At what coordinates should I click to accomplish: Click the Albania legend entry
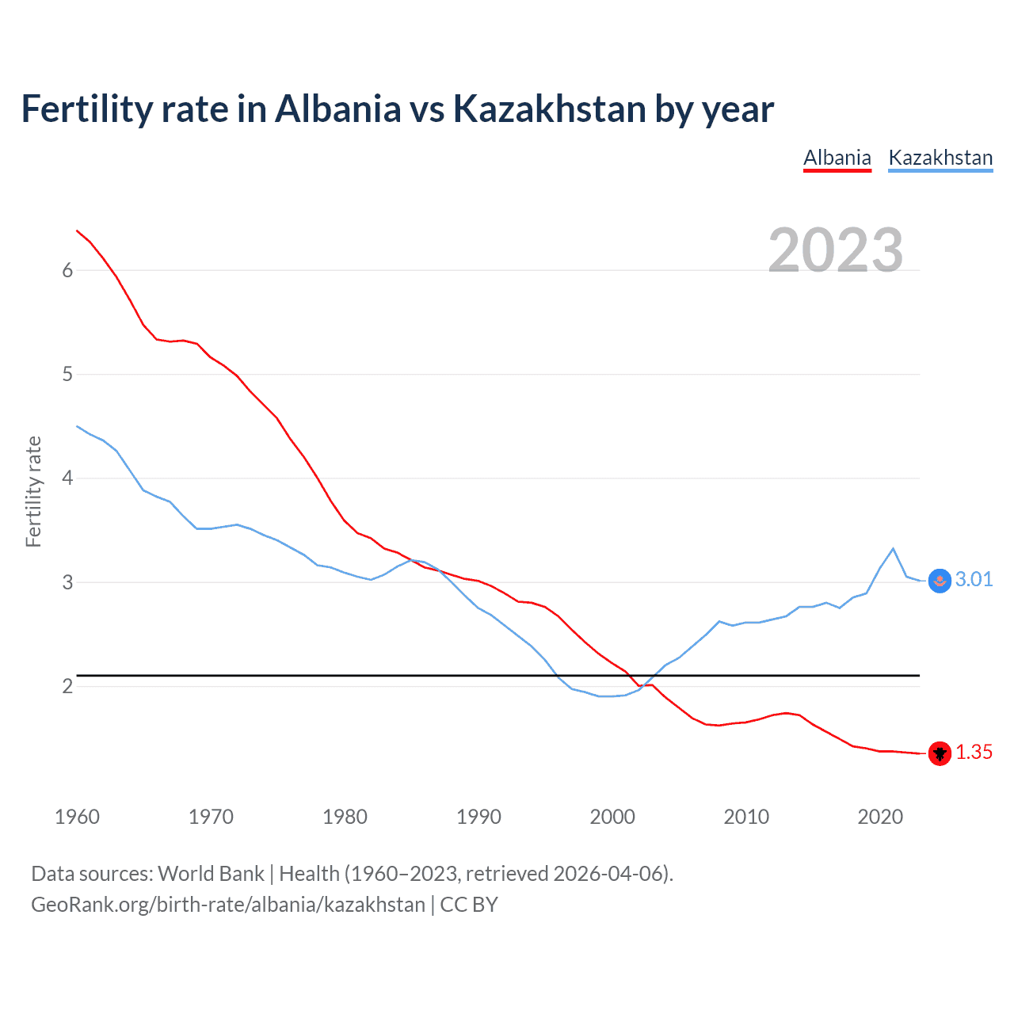pos(837,158)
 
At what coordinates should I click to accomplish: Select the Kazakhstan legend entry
pos(940,158)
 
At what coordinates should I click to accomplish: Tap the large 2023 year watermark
pos(835,250)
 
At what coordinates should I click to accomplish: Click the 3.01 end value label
pos(974,580)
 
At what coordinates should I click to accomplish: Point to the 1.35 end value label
pos(974,753)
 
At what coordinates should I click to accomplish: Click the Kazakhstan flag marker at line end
pos(940,581)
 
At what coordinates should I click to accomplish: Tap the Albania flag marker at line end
pos(940,753)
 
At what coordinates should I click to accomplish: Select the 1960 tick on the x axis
pos(77,817)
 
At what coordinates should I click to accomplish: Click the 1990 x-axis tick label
pos(478,817)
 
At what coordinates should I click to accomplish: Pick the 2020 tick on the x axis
pos(880,817)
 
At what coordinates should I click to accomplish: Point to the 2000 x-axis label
pos(612,817)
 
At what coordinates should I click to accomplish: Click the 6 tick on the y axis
pos(67,271)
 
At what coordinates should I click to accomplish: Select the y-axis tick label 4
pos(67,478)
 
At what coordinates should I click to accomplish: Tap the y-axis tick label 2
pos(67,687)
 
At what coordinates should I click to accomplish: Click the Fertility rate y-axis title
pos(33,491)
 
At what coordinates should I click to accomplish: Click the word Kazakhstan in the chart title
pos(549,109)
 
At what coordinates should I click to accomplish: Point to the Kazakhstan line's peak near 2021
pos(893,548)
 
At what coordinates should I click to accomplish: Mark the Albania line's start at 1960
pos(77,231)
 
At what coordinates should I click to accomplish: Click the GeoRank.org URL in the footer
pos(228,905)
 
